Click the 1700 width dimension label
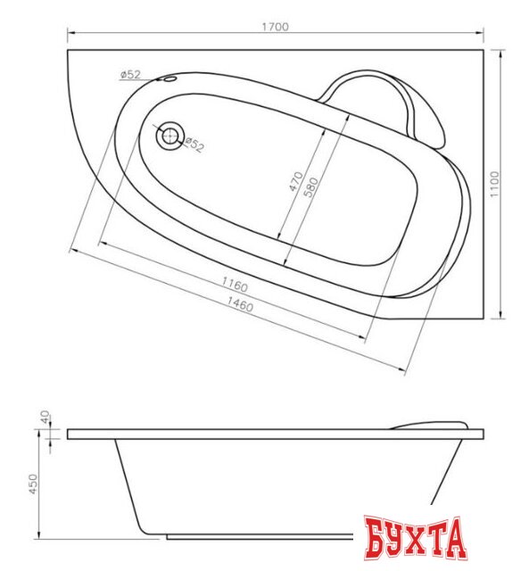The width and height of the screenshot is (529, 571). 276,27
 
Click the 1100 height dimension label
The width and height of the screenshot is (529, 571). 494,185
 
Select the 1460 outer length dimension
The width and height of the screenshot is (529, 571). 240,304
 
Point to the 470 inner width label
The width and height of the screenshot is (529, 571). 296,181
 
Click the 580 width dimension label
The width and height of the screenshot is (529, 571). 310,187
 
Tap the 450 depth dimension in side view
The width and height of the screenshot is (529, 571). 33,484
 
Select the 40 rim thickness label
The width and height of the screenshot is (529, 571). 45,417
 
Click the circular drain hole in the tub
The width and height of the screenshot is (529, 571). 169,136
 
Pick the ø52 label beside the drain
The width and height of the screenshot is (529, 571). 194,145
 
